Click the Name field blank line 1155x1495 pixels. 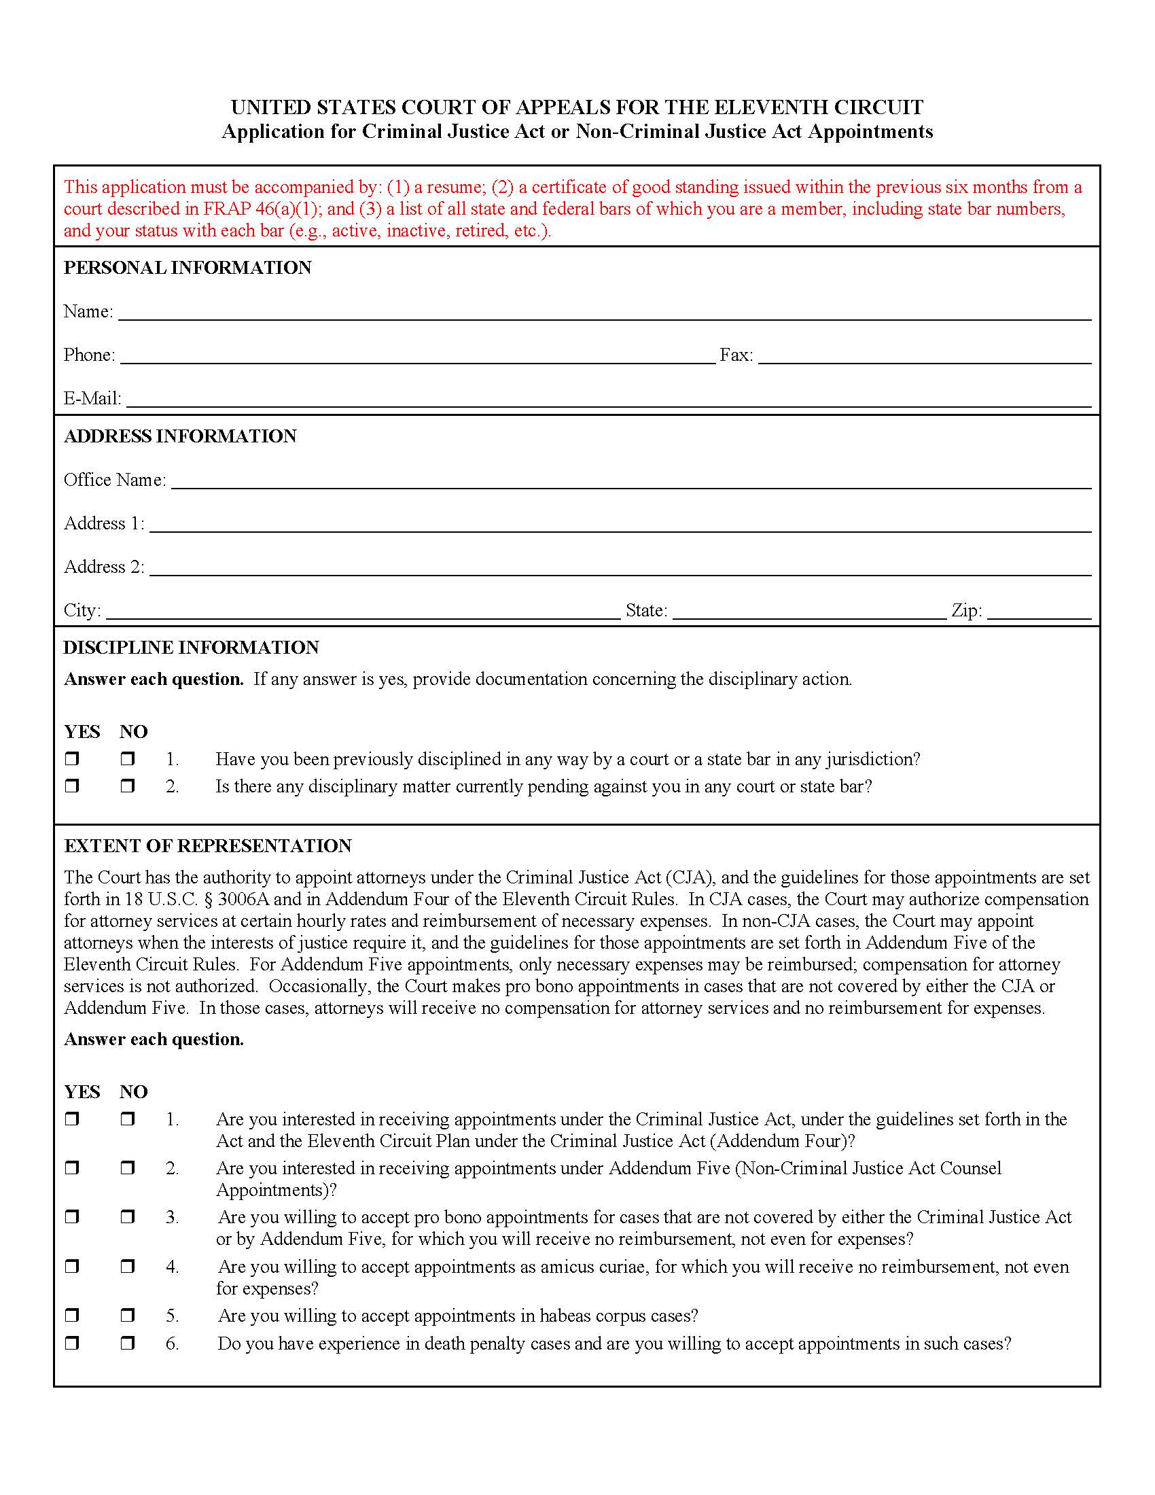(x=605, y=313)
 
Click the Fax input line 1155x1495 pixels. (x=925, y=357)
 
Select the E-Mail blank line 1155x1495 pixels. (x=608, y=400)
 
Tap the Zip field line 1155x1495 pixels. (x=1039, y=613)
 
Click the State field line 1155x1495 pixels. (x=809, y=613)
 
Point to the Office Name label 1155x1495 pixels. (x=114, y=480)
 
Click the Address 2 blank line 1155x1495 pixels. (x=620, y=569)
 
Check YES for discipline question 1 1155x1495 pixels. (x=72, y=758)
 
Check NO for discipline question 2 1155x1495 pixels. (x=127, y=786)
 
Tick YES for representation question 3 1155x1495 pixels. (x=72, y=1216)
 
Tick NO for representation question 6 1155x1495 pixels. (x=127, y=1343)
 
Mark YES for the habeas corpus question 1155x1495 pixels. (x=72, y=1315)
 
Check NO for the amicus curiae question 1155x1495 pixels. (x=127, y=1267)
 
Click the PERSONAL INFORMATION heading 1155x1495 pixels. (x=188, y=268)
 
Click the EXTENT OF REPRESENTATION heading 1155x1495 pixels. (x=207, y=846)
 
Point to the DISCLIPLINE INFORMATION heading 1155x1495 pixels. (x=191, y=648)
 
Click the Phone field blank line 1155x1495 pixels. (x=417, y=357)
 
